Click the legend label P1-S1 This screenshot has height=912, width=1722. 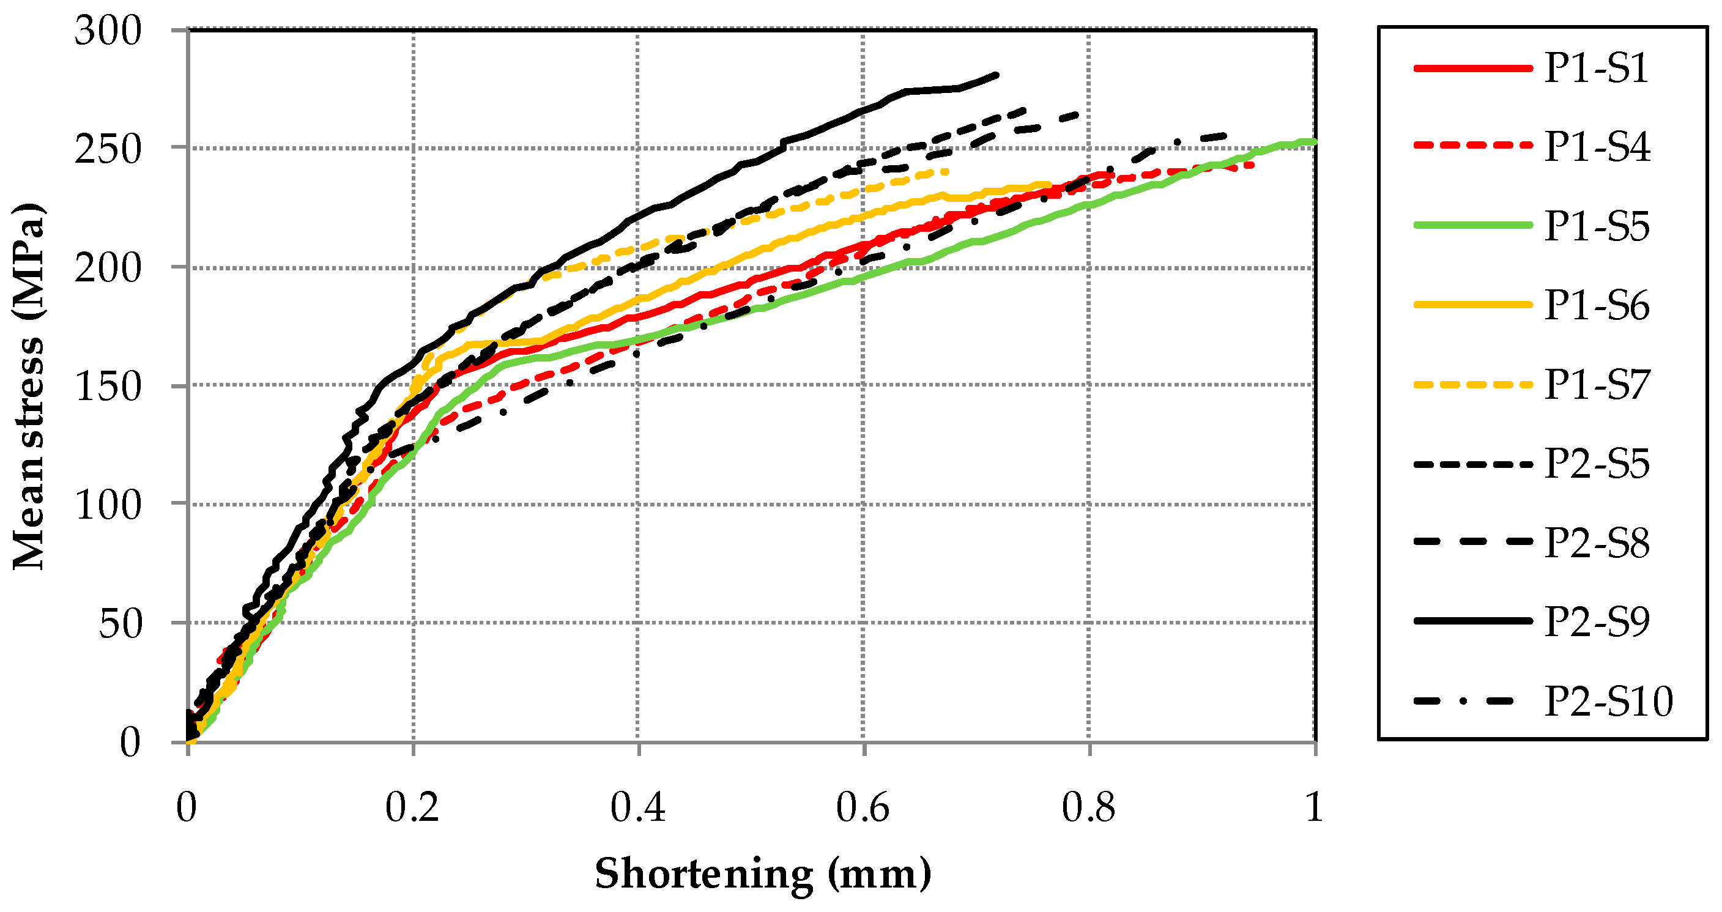click(x=1597, y=68)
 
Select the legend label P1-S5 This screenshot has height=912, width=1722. click(x=1597, y=226)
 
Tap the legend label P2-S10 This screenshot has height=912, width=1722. click(x=1608, y=702)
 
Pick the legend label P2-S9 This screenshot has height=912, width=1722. click(x=1597, y=621)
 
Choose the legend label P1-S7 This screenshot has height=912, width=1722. click(x=1597, y=385)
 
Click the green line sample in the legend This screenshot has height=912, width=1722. click(x=1472, y=226)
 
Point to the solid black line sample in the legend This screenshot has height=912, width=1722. click(x=1472, y=621)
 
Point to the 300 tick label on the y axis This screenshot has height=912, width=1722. click(x=108, y=31)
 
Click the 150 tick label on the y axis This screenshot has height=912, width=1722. click(x=108, y=387)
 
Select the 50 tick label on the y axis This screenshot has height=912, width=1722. click(x=121, y=624)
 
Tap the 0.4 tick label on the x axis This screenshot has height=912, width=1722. click(x=638, y=807)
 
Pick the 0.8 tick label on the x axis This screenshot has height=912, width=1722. click(x=1088, y=807)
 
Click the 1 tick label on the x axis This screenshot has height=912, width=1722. click(x=1313, y=807)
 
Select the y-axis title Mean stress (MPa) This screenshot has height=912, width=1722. click(x=28, y=387)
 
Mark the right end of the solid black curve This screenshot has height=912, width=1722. click(x=996, y=75)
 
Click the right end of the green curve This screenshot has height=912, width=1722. click(x=1314, y=142)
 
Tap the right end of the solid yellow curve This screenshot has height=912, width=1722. click(x=1050, y=185)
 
